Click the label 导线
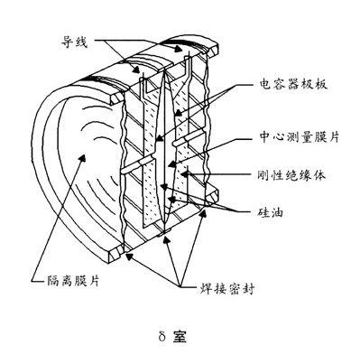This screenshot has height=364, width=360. [x=74, y=42]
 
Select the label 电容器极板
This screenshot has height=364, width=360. [x=292, y=85]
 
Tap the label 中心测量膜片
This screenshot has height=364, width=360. [x=300, y=137]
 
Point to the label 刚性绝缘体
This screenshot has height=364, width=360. [x=291, y=175]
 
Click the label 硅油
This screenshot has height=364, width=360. [x=271, y=212]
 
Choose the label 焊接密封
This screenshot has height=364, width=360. [x=227, y=289]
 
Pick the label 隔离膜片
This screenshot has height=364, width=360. [x=73, y=281]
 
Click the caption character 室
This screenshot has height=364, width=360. [x=180, y=337]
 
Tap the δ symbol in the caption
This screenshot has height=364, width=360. [x=162, y=336]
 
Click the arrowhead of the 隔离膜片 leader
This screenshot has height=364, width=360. [x=82, y=156]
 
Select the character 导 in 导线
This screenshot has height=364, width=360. [x=68, y=42]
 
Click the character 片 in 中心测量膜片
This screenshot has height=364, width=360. [x=334, y=137]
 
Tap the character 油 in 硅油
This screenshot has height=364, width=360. [x=277, y=212]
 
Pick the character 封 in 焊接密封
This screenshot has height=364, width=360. [x=248, y=289]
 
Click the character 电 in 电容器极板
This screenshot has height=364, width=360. [x=265, y=85]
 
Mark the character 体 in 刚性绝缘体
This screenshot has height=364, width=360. [x=318, y=175]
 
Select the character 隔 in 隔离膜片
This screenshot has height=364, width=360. [x=53, y=281]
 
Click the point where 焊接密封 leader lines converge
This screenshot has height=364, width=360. [x=180, y=285]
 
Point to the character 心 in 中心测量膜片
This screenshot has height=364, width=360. [x=280, y=137]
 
